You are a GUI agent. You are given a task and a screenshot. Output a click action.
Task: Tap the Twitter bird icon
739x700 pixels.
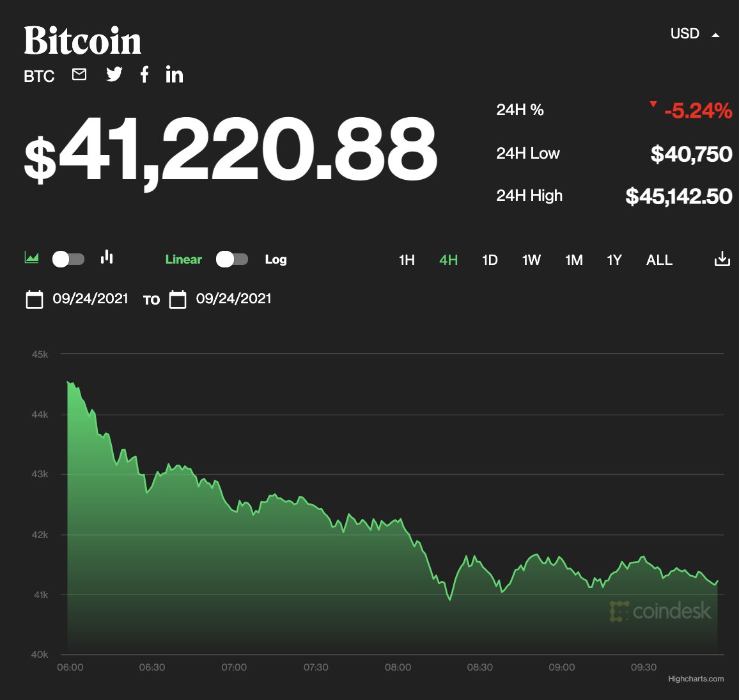pyautogui.click(x=114, y=75)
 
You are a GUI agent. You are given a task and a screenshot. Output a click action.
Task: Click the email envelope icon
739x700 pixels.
pyautogui.click(x=79, y=75)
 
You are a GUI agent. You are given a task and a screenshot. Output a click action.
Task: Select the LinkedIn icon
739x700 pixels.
pyautogui.click(x=174, y=75)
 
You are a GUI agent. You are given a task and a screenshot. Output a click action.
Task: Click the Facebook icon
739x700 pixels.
pyautogui.click(x=144, y=75)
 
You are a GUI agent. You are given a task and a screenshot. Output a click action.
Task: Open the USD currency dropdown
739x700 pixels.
pyautogui.click(x=694, y=34)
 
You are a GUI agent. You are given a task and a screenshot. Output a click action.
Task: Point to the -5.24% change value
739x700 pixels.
pyautogui.click(x=697, y=111)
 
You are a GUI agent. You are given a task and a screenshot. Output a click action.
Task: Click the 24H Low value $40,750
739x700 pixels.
pyautogui.click(x=691, y=154)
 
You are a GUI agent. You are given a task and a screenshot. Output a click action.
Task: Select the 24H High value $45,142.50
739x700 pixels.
pyautogui.click(x=678, y=196)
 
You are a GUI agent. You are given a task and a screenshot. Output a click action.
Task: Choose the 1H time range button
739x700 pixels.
pyautogui.click(x=407, y=260)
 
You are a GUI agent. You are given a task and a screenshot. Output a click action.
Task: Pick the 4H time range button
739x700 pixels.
pyautogui.click(x=448, y=260)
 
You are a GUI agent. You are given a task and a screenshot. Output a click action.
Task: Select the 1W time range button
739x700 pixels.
pyautogui.click(x=531, y=260)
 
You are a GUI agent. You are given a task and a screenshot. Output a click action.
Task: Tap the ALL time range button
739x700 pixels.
pyautogui.click(x=659, y=260)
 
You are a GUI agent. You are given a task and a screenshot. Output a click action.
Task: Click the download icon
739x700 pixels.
pyautogui.click(x=722, y=259)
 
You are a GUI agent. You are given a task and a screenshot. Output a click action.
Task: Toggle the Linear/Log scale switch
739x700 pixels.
pyautogui.click(x=231, y=259)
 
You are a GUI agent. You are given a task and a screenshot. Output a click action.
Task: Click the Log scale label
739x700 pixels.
pyautogui.click(x=276, y=259)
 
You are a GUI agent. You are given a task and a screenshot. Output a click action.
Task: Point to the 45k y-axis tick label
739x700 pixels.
pyautogui.click(x=40, y=354)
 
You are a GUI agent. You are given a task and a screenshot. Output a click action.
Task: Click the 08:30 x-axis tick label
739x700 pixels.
pyautogui.click(x=479, y=667)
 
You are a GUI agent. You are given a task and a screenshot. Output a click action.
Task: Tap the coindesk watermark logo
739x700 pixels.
pyautogui.click(x=660, y=611)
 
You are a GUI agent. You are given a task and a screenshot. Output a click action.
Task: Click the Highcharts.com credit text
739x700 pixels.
pyautogui.click(x=696, y=679)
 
